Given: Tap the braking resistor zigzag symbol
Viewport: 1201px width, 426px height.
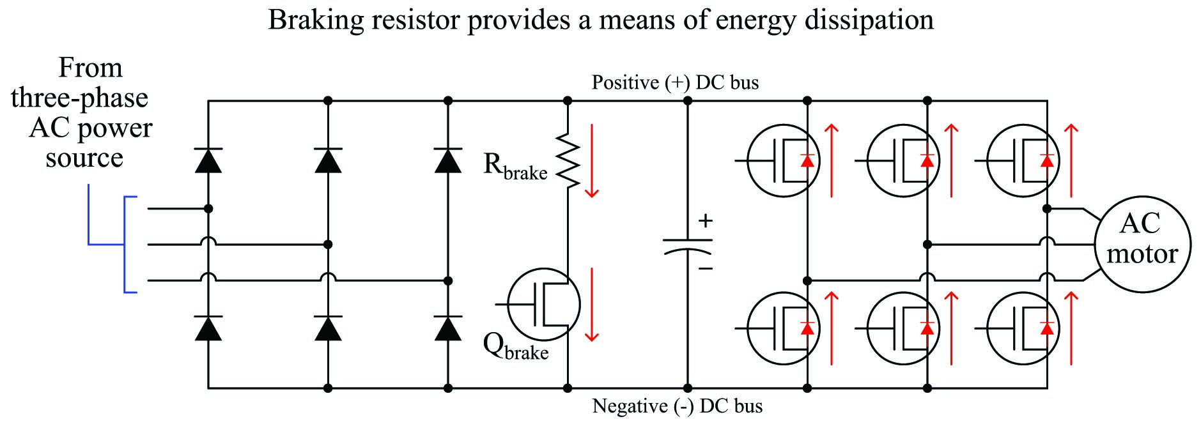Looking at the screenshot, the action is pyautogui.click(x=568, y=161).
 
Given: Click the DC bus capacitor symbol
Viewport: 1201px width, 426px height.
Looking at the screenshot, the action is pyautogui.click(x=688, y=246).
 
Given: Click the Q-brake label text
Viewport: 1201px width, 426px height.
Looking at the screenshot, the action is pyautogui.click(x=515, y=347).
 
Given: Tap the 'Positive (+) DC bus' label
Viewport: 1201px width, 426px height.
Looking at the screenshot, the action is pyautogui.click(x=675, y=82).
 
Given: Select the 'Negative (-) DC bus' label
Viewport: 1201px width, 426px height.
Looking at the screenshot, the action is pyautogui.click(x=678, y=406).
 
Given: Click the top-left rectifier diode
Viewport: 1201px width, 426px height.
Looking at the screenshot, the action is pyautogui.click(x=208, y=160).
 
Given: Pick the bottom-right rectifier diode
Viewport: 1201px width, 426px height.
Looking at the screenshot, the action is pyautogui.click(x=447, y=328).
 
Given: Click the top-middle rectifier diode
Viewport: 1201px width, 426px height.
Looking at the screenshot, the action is pyautogui.click(x=328, y=160).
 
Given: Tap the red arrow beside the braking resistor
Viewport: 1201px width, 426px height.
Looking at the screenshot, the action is pyautogui.click(x=592, y=161).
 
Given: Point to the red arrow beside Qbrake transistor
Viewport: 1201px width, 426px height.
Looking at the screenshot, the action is pyautogui.click(x=592, y=305).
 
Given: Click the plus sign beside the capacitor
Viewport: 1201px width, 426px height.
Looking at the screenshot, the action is pyautogui.click(x=705, y=221).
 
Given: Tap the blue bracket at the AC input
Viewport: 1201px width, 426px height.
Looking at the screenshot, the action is pyautogui.click(x=88, y=244).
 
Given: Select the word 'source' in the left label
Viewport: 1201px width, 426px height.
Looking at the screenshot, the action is pyautogui.click(x=84, y=158).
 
